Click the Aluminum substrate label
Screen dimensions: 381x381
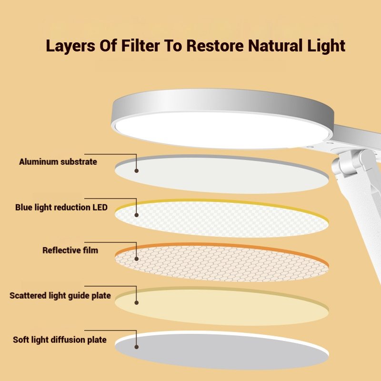point(58,162)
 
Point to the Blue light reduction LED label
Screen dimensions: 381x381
point(61,208)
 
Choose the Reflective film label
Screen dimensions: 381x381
point(70,250)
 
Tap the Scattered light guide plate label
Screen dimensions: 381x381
point(60,296)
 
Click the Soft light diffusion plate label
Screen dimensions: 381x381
point(60,340)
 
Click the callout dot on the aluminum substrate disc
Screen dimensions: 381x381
point(137,170)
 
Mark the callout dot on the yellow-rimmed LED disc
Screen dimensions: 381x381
point(137,215)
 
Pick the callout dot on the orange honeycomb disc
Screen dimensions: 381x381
point(137,259)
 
